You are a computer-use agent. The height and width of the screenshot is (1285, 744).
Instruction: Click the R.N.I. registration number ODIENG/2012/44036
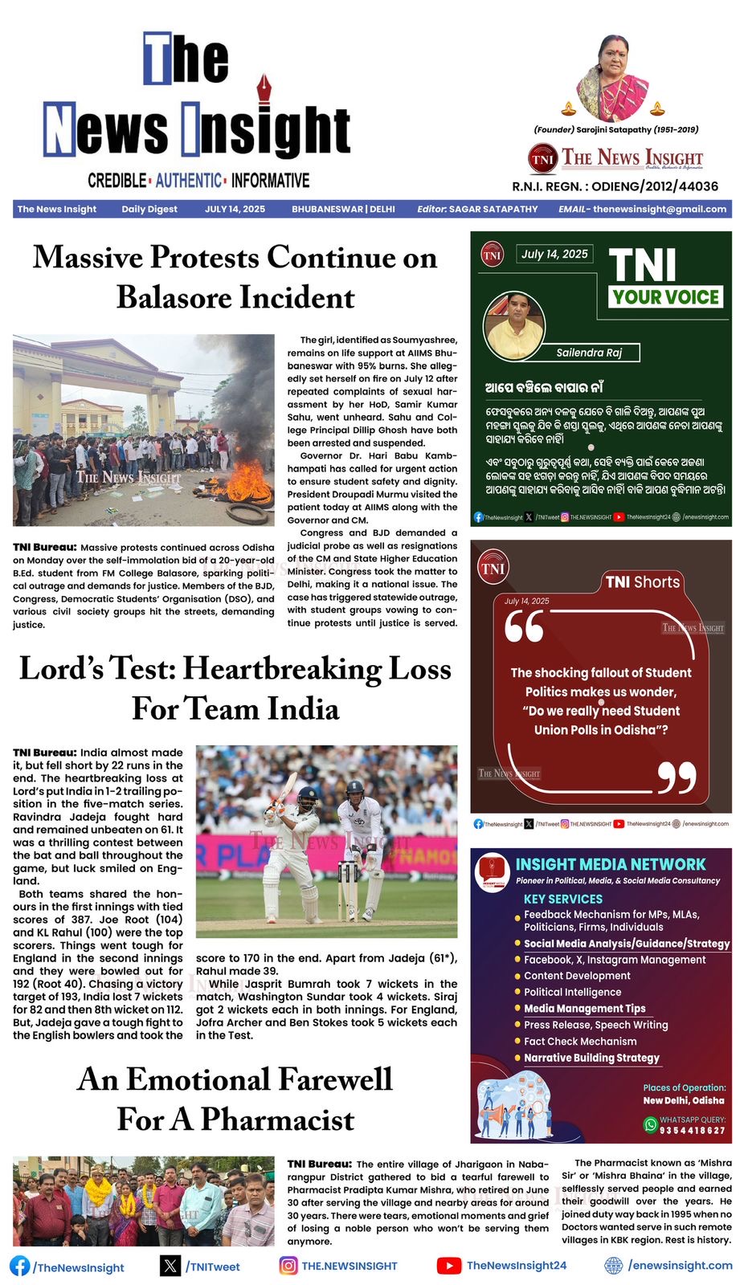coord(655,186)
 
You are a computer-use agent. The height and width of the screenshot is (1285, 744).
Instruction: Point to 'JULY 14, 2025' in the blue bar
coord(235,209)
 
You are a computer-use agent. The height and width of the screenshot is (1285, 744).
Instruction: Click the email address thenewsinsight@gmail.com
coord(660,209)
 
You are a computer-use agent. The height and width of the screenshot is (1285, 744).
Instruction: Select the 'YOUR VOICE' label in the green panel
coord(666,297)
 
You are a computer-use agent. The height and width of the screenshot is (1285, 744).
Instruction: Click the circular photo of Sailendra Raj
coord(515,326)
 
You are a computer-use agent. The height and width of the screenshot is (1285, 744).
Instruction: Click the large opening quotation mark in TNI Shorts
coord(524,626)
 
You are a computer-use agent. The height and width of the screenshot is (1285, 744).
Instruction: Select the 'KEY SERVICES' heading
coord(562,899)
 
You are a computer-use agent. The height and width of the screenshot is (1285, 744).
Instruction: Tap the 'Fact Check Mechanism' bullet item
coord(580,1042)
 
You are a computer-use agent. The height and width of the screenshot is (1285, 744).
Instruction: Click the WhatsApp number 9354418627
coord(692,1131)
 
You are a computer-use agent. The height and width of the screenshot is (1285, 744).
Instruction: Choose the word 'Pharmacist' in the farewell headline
coord(277,1120)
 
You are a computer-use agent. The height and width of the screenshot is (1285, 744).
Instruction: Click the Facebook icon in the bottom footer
coord(20,1266)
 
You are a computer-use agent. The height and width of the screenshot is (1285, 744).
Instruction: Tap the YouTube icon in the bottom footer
coord(448,1266)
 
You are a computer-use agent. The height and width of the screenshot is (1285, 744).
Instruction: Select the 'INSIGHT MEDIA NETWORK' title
coord(610,864)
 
